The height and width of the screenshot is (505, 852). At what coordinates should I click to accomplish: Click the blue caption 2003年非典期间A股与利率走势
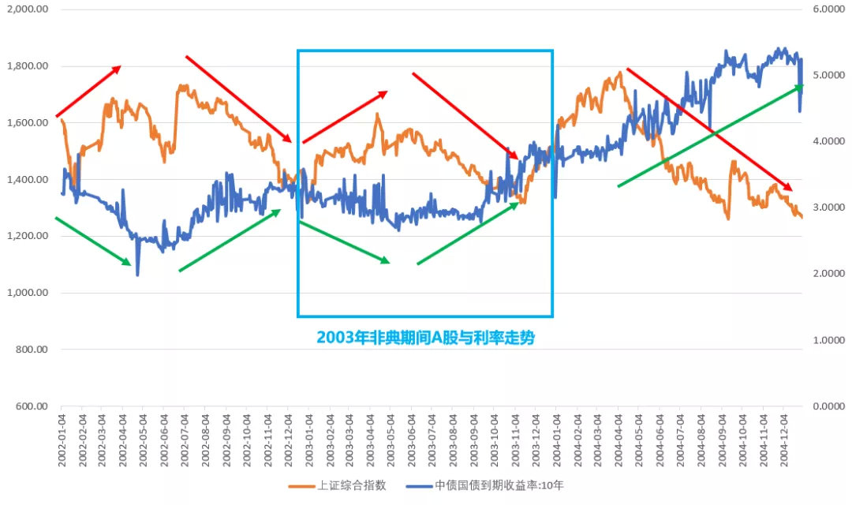[x=425, y=338]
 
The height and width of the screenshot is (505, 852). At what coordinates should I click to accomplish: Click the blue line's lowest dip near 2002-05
[x=137, y=275]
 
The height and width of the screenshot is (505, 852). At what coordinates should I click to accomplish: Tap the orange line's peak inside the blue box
[x=377, y=114]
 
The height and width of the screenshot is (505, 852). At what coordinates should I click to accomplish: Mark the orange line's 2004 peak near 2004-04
[x=620, y=73]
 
